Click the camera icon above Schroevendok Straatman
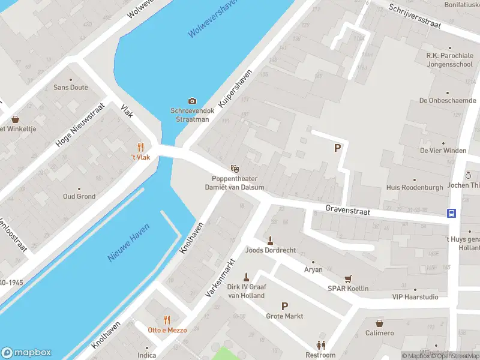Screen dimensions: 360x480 coord(192,101)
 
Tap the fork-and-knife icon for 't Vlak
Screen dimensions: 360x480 coord(141,147)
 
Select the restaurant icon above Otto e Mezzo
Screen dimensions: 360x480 coord(167,320)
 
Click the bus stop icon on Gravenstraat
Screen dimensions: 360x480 coord(451,213)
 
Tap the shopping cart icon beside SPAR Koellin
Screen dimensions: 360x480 coord(347,278)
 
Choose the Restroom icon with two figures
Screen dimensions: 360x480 coord(321,345)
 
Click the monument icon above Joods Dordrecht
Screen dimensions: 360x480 coord(270,240)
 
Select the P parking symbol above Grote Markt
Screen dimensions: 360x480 coord(284,306)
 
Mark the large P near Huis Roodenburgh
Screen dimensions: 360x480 coord(338,148)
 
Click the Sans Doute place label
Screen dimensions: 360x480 coord(70,88)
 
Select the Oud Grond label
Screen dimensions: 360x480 coord(79,197)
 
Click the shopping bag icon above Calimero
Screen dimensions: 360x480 coord(379,323)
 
